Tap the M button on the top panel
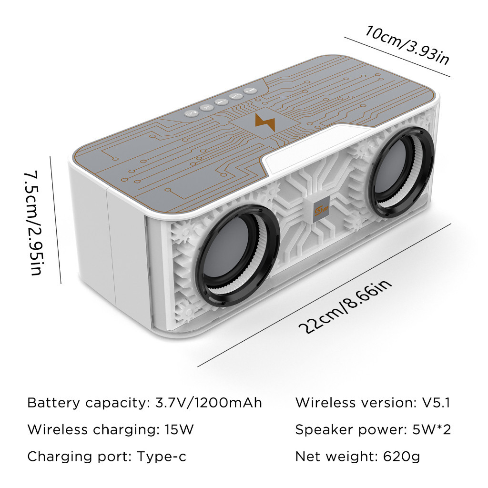(206, 107)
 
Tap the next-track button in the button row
(250, 91)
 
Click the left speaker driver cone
(229, 254)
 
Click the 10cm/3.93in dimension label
(407, 45)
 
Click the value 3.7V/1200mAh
(209, 403)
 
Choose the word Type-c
(162, 457)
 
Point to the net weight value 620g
(402, 457)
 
